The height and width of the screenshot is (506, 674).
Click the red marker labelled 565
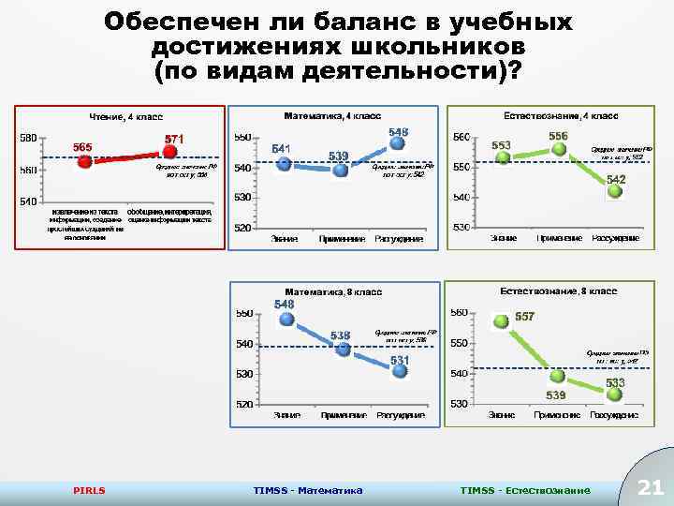pos(84,162)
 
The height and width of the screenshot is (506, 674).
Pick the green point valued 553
pos(503,157)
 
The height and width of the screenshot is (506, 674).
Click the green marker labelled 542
pos(615,191)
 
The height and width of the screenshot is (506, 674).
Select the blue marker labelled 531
pos(401,371)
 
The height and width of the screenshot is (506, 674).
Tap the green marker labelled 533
pos(613,394)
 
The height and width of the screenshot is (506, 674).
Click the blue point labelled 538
pos(344,349)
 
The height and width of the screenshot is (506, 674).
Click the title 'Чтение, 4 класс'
pos(125,117)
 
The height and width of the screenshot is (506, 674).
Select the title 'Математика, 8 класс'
pos(333,292)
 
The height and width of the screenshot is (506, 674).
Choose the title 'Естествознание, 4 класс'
pos(560,116)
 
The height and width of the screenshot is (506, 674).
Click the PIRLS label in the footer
pos(89,490)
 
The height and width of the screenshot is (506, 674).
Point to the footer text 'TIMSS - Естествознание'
pos(525,490)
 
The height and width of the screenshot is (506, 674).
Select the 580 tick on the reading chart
pos(27,139)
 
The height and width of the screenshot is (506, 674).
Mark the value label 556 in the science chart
pos(558,137)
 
